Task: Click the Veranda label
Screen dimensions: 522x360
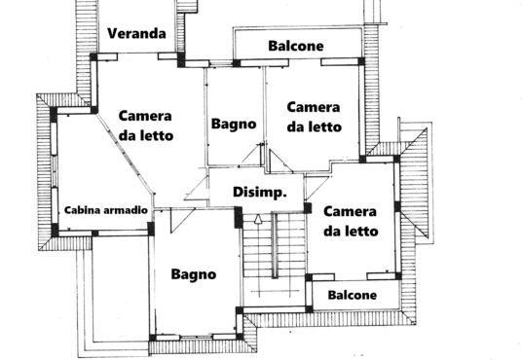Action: click(136, 33)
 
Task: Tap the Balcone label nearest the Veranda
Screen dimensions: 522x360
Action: click(296, 46)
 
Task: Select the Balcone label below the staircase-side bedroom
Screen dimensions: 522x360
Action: click(353, 295)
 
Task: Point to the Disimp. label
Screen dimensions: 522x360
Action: click(260, 193)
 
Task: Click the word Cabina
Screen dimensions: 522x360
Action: click(83, 210)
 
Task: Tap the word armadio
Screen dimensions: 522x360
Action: click(126, 210)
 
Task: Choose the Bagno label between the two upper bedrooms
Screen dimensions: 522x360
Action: click(234, 125)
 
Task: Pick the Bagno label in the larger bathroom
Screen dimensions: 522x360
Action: click(194, 274)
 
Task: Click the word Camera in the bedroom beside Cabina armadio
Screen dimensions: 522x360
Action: click(145, 116)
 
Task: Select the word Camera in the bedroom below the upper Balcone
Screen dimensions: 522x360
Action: click(314, 107)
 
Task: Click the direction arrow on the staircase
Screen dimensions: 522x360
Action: click(258, 219)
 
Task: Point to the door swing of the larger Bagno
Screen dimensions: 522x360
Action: click(181, 220)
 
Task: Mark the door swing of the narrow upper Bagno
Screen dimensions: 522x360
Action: click(252, 154)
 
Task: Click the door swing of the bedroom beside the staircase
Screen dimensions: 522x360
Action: click(317, 188)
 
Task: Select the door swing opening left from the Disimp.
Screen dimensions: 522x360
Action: click(197, 189)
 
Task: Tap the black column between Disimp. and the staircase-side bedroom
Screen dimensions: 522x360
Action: click(308, 208)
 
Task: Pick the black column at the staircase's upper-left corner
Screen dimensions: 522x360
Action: click(239, 217)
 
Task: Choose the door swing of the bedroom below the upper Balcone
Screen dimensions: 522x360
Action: click(280, 162)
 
